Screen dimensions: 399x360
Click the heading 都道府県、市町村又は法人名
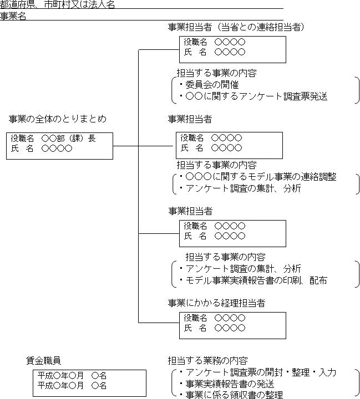pos(58,5)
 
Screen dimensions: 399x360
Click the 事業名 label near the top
pos(13,16)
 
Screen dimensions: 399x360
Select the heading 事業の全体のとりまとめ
pos(58,119)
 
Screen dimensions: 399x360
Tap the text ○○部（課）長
pos(69,139)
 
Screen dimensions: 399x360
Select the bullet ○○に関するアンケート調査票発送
pos(256,96)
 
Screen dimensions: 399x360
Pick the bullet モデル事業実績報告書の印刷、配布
pos(256,280)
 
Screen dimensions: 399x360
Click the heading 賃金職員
pos(43,360)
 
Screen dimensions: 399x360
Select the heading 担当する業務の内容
pos(208,360)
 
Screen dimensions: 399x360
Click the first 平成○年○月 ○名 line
pos(72,375)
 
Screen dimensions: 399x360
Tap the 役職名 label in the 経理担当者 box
pos(195,318)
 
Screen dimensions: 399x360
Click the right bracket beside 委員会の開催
pos(357,90)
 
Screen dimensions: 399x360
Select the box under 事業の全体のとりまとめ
pos(60,146)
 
